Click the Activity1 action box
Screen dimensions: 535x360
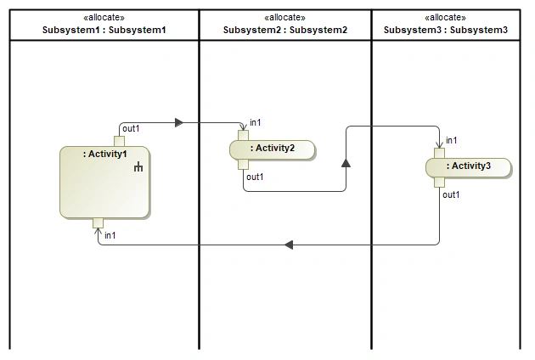coord(104,183)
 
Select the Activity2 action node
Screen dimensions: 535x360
coord(273,149)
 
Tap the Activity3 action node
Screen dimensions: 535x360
coord(469,167)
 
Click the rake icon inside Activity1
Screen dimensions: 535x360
coord(138,166)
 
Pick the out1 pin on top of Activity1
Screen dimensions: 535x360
coord(119,141)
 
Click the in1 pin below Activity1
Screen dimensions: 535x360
coord(98,223)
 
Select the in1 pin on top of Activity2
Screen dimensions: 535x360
coord(243,136)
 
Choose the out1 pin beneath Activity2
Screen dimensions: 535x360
coord(243,165)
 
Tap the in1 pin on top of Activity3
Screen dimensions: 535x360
coord(440,153)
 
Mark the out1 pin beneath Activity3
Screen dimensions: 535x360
coord(440,183)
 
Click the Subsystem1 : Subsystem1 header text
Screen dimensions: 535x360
coord(104,30)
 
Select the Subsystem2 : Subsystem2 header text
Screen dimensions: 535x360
coord(285,30)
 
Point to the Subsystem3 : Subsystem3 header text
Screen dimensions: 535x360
coord(446,30)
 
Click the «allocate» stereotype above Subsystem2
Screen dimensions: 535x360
coord(284,17)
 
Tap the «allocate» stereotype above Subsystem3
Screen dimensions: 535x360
coord(445,17)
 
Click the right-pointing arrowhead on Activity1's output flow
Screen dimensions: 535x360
coord(179,123)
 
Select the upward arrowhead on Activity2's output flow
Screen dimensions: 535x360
coord(346,163)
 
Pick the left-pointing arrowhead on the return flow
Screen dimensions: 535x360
coord(289,245)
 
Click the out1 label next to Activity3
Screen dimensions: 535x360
coord(451,194)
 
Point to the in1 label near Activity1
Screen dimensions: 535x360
coord(110,235)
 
